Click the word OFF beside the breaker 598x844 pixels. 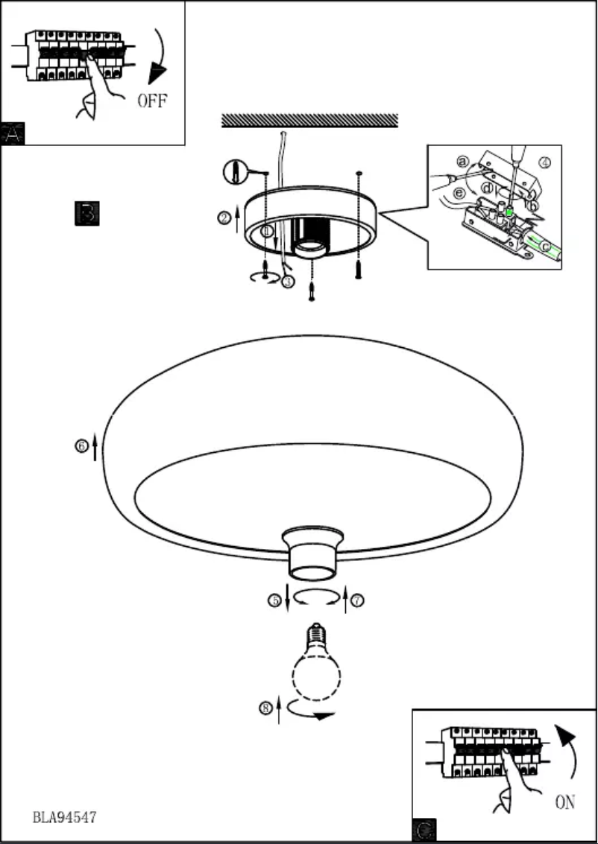(152, 101)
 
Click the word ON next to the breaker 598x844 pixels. (564, 802)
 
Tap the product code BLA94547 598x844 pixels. (64, 817)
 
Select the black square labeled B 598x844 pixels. (86, 213)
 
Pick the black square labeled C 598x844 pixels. (424, 830)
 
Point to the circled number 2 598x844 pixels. (224, 218)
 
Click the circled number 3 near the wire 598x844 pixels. (289, 282)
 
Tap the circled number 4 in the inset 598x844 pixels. (544, 162)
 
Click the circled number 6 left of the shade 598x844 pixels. (81, 446)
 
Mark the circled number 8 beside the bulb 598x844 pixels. (265, 708)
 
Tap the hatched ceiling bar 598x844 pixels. (309, 121)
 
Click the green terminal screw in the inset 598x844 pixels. (510, 214)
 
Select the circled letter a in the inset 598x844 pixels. (462, 161)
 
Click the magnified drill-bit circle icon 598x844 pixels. (236, 173)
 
